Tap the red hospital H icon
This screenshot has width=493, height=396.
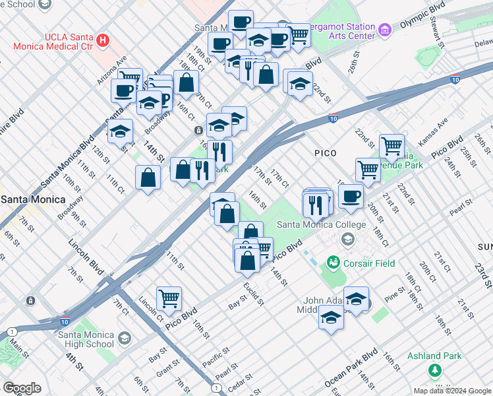click(102, 41)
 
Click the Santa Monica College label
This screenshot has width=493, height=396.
click(320, 224)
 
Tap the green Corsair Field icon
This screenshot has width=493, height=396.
click(333, 263)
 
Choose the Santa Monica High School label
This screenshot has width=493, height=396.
click(86, 339)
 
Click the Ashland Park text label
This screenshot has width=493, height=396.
click(434, 356)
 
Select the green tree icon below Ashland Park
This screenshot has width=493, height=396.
click(434, 370)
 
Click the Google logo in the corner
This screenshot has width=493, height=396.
click(21, 388)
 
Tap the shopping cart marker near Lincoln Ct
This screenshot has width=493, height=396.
click(169, 299)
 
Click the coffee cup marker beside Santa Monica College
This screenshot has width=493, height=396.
click(351, 195)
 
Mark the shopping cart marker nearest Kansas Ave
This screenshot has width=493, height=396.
click(391, 146)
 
